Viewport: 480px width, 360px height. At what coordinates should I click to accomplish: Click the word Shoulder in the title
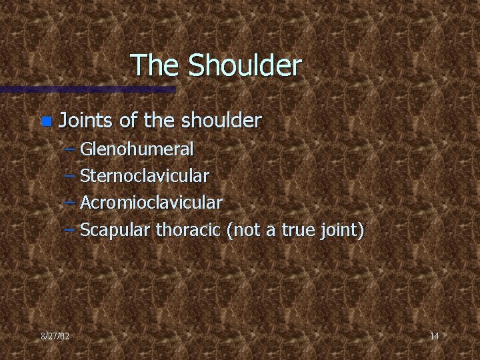pos(245,65)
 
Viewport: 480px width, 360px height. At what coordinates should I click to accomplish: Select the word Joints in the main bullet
pos(86,121)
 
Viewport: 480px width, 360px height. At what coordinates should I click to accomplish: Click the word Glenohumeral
pos(137,149)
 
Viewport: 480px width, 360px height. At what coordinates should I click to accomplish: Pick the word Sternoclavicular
pos(144,176)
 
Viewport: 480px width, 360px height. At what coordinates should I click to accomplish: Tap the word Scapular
pos(115,231)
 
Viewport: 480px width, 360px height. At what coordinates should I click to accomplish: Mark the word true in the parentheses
pos(297,231)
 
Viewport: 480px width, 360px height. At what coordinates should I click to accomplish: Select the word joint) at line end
pos(341,231)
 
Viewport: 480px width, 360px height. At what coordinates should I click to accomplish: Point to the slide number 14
pos(434,336)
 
